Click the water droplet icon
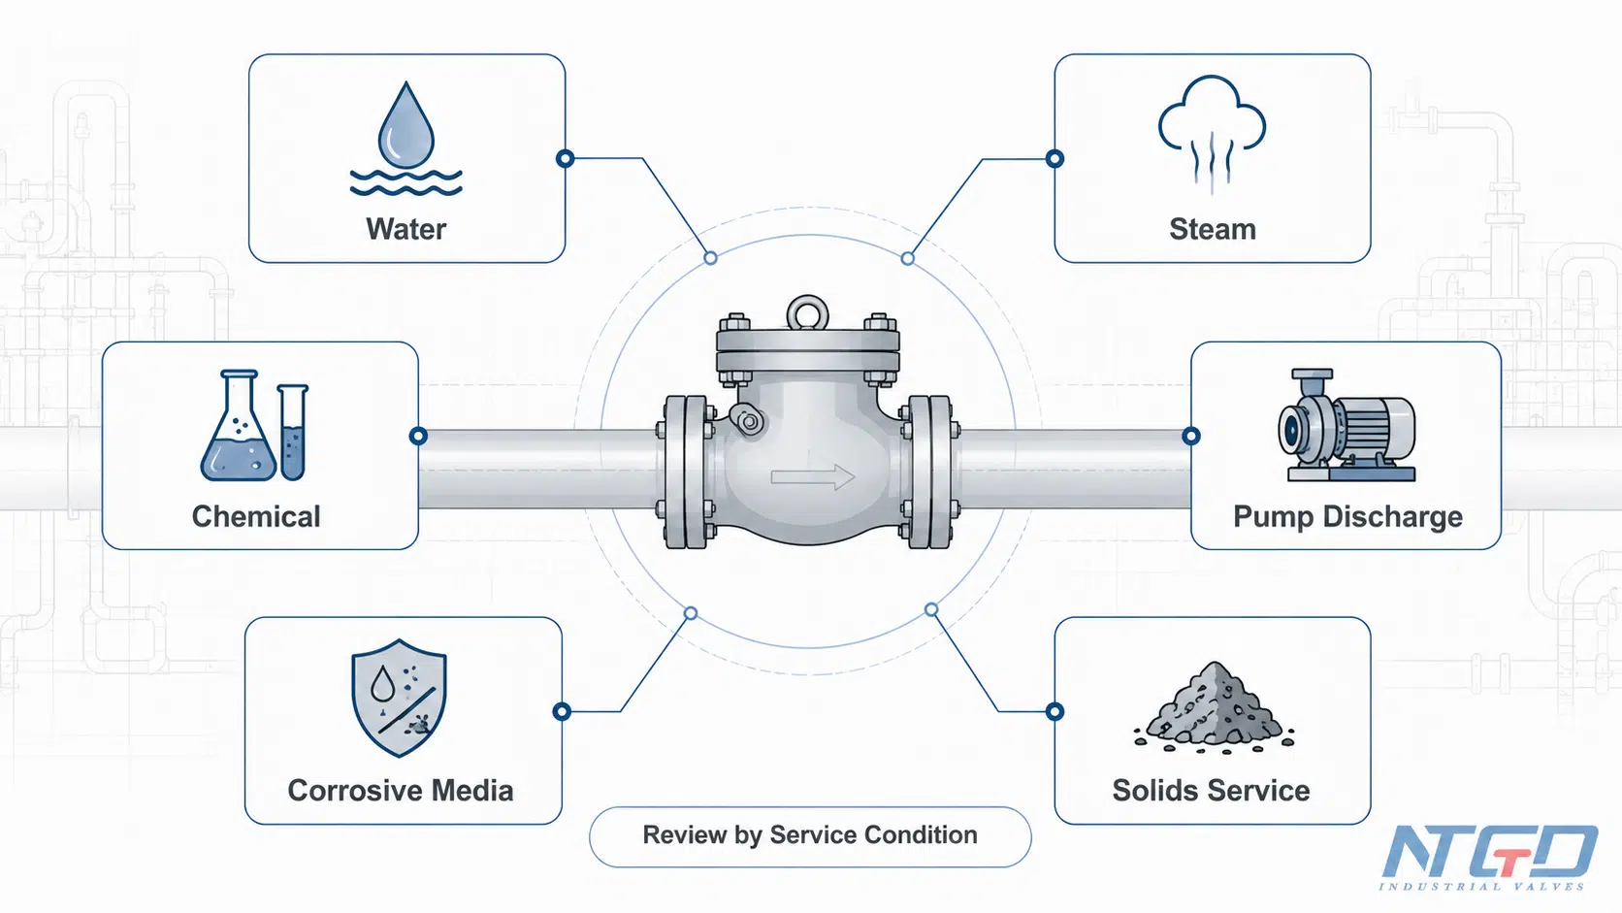pyautogui.click(x=406, y=126)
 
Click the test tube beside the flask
pyautogui.click(x=293, y=433)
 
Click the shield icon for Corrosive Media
pyautogui.click(x=399, y=698)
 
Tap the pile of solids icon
pyautogui.click(x=1214, y=707)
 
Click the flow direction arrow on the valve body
pyautogui.click(x=812, y=477)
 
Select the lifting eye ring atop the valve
pyautogui.click(x=807, y=312)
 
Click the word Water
pyautogui.click(x=405, y=229)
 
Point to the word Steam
pyautogui.click(x=1213, y=229)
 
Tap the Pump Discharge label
pyautogui.click(x=1347, y=517)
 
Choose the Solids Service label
pyautogui.click(x=1211, y=791)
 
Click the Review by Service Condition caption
pyautogui.click(x=810, y=834)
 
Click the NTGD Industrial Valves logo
pyautogui.click(x=1488, y=858)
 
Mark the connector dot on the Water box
pyautogui.click(x=566, y=158)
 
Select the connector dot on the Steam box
pyautogui.click(x=1055, y=158)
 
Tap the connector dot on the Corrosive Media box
pyautogui.click(x=562, y=712)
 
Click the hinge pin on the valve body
pyautogui.click(x=749, y=420)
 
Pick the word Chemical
pyautogui.click(x=255, y=517)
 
